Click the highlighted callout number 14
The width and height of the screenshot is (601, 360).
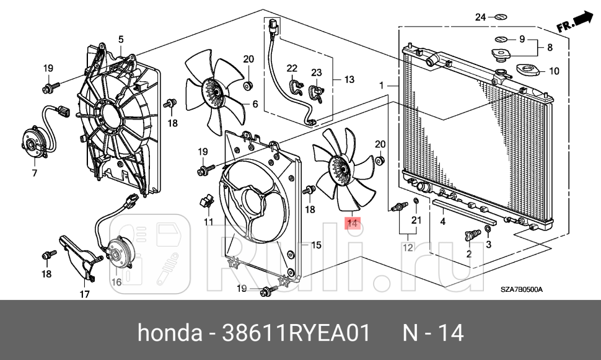click(352, 223)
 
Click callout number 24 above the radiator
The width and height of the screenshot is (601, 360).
click(481, 17)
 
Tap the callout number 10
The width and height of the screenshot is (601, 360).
click(553, 71)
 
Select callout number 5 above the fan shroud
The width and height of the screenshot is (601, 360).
click(121, 40)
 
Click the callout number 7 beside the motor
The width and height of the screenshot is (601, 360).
click(35, 173)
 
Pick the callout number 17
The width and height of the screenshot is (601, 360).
click(85, 294)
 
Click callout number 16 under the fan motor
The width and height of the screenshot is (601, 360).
click(116, 282)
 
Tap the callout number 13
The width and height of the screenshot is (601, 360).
click(349, 79)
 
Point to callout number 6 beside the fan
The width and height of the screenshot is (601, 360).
click(254, 104)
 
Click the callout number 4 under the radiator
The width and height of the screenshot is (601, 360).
click(442, 221)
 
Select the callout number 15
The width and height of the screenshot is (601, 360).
click(315, 245)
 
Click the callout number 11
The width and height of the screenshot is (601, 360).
click(209, 221)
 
